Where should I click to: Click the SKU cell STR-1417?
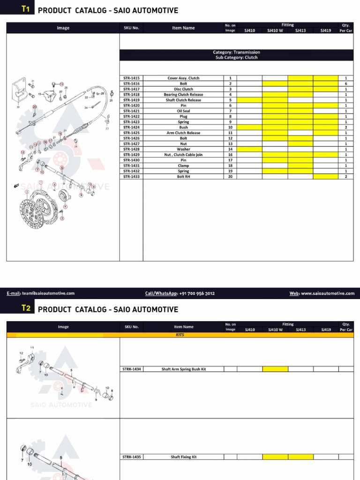131,89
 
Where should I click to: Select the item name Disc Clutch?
183,89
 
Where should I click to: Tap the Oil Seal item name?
183,111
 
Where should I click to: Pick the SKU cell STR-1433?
131,177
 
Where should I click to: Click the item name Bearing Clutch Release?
183,95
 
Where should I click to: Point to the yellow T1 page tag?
26,9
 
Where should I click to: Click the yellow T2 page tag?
26,308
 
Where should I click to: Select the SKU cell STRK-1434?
132,369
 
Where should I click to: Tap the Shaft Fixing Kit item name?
183,457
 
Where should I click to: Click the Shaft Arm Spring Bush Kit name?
183,369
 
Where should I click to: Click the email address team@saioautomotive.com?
47,293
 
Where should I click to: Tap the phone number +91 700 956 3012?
196,293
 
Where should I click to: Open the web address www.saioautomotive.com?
328,293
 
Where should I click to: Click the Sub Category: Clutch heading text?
236,58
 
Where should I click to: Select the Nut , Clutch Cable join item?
183,155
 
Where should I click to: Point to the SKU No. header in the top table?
131,28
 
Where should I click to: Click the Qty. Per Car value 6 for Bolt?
346,83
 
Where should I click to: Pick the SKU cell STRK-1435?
132,457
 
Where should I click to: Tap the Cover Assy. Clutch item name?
183,78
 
